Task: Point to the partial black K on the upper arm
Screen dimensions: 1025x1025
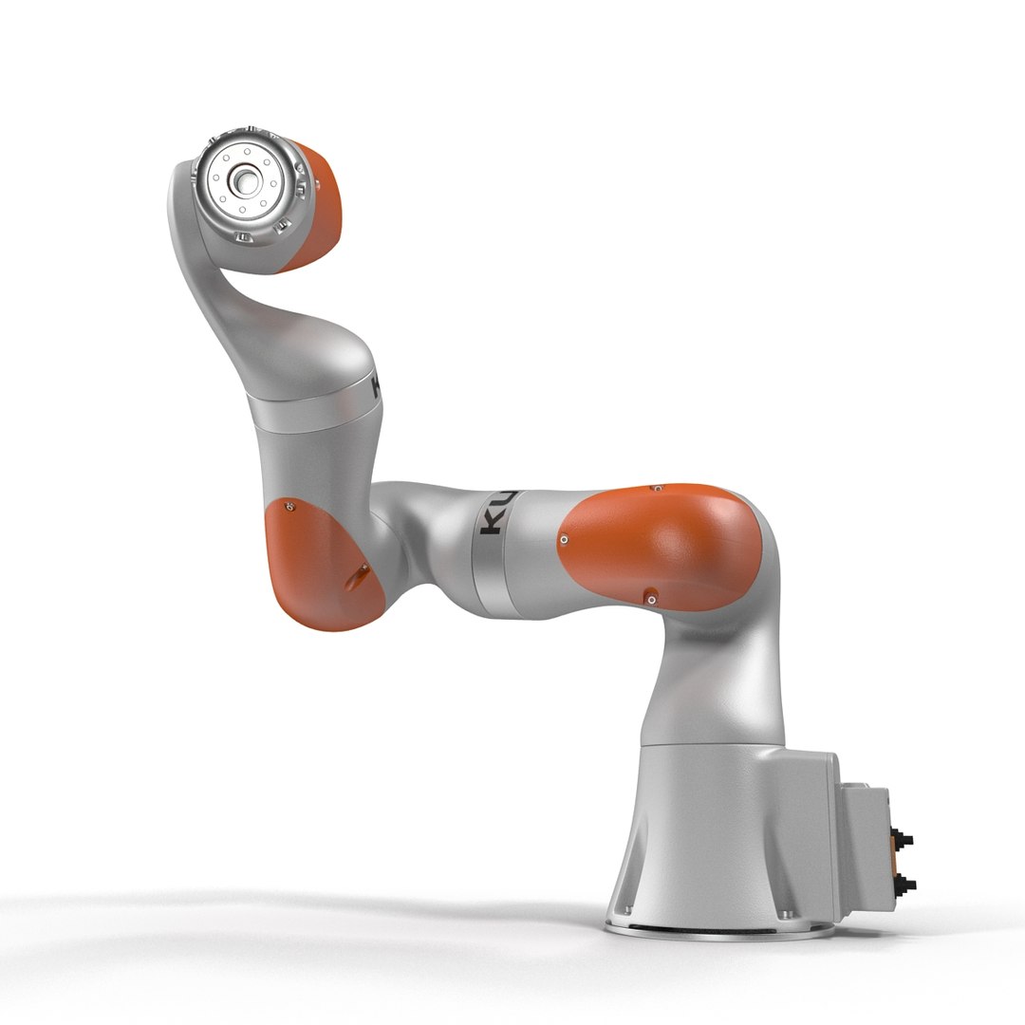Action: pos(376,384)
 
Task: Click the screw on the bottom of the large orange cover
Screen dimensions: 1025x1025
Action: pos(650,598)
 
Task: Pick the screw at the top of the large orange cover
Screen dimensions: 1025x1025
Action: pos(656,489)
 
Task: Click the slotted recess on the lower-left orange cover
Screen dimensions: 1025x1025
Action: pos(361,573)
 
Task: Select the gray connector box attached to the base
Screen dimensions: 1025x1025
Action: pos(864,845)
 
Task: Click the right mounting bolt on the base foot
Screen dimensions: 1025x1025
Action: pos(783,914)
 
